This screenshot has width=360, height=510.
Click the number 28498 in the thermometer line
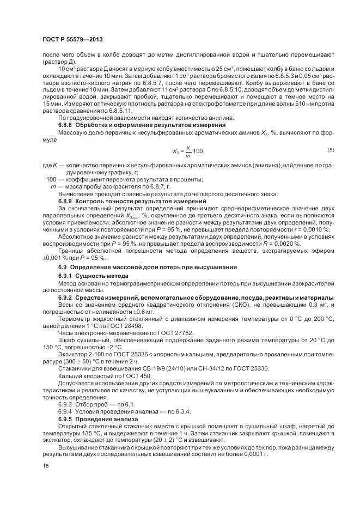141,325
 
